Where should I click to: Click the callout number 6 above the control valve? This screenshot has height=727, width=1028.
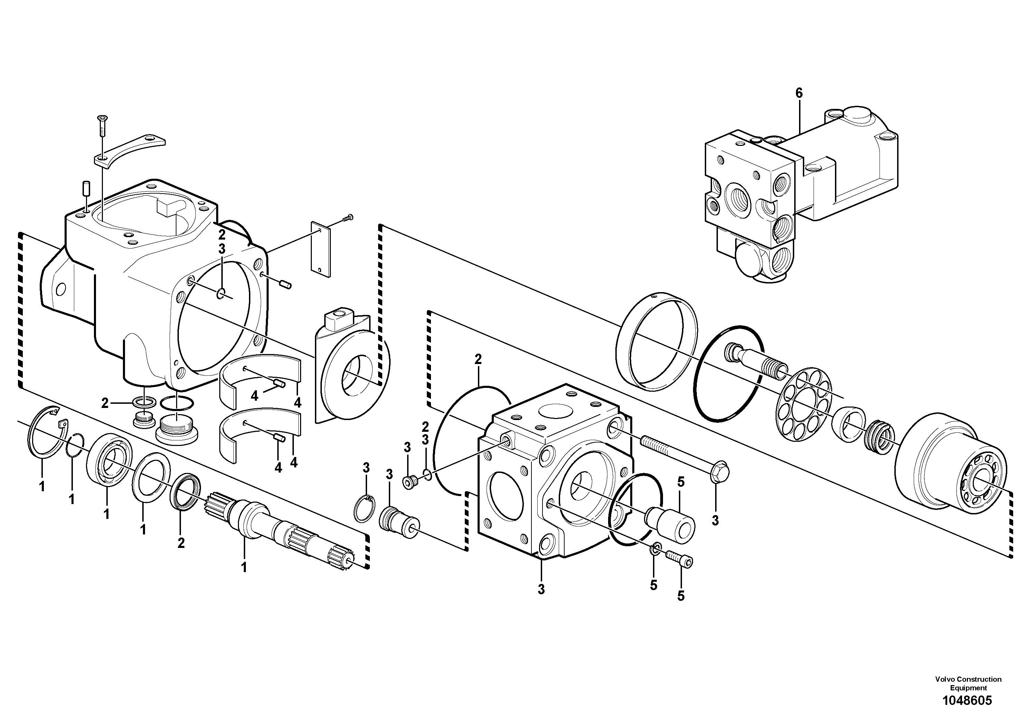(x=799, y=93)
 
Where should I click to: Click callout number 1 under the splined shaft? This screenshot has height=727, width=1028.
(x=244, y=567)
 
